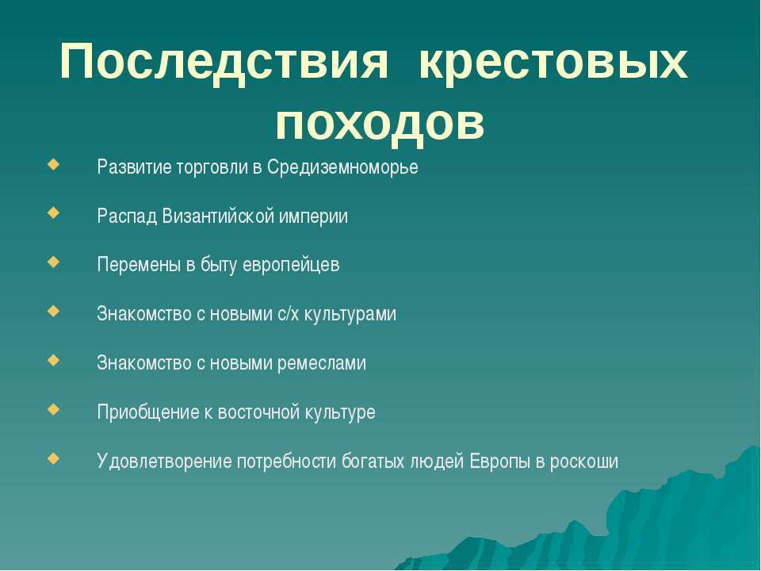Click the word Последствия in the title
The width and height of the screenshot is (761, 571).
[224, 63]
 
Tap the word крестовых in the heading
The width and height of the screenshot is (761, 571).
[553, 62]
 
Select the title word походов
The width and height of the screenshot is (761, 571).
[380, 121]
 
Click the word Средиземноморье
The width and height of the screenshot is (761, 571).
[342, 167]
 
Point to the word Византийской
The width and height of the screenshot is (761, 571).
[218, 216]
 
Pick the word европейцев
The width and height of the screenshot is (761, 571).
[291, 266]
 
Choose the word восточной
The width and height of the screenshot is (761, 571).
[258, 412]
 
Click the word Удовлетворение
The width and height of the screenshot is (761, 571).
[164, 461]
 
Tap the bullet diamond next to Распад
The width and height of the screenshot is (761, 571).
[54, 213]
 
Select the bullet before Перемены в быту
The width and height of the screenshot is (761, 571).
[54, 262]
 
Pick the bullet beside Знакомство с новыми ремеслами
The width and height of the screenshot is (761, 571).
[54, 360]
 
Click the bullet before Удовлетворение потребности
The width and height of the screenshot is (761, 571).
[54, 458]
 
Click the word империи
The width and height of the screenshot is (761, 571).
[314, 217]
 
